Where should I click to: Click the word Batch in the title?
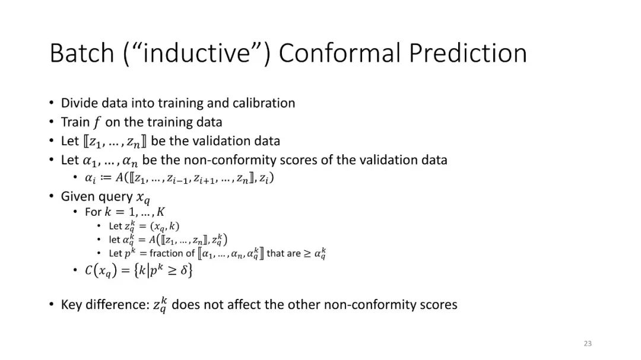82,53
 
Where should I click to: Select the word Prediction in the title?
468,53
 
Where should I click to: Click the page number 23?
588,343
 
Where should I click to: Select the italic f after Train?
97,122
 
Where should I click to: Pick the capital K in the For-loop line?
161,212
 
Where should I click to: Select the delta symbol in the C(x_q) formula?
183,270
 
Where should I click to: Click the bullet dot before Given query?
51,196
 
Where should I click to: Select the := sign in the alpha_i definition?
105,178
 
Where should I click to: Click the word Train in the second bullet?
75,122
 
